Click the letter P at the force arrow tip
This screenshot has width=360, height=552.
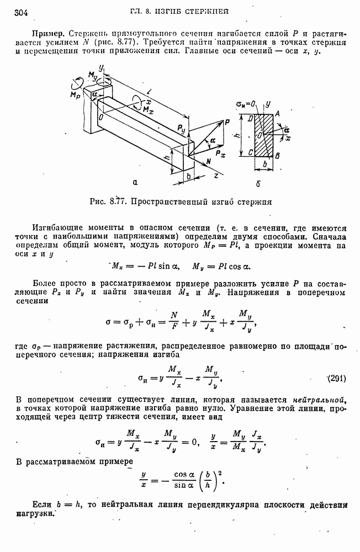click(x=226, y=123)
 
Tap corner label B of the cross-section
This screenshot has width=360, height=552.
click(x=278, y=157)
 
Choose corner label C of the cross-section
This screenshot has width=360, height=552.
click(x=251, y=152)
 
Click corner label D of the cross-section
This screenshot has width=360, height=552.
click(x=252, y=118)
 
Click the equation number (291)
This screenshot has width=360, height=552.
click(x=336, y=378)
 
